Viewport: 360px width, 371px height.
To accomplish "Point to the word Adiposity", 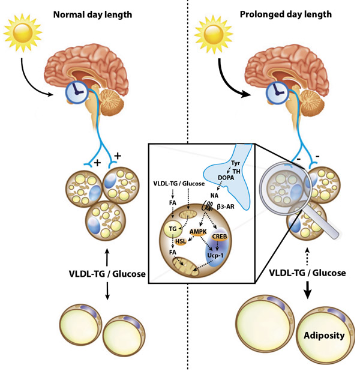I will (323, 334).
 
